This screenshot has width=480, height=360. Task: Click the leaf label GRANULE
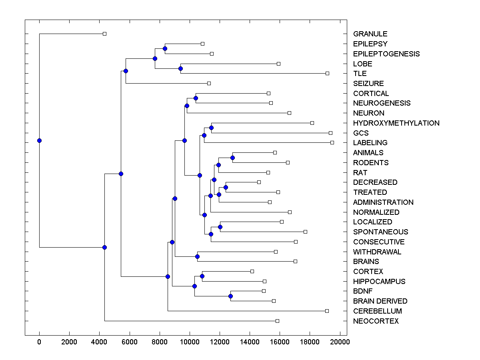[x=370, y=34]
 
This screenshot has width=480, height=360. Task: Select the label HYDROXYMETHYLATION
[x=396, y=123]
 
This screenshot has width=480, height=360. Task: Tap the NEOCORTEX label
[x=376, y=321]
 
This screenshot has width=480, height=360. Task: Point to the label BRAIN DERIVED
[x=380, y=301]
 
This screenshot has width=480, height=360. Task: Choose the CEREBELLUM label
[x=377, y=311]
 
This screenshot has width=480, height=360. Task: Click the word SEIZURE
[x=368, y=84]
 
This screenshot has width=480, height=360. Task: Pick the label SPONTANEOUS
[x=380, y=232]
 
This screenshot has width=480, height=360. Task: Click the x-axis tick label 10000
[x=190, y=342]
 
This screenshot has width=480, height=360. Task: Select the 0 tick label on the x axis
[x=39, y=342]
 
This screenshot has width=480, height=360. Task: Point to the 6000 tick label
[x=130, y=342]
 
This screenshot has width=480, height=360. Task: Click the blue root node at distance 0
[x=39, y=140]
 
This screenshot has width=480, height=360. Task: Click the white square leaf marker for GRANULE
[x=104, y=34]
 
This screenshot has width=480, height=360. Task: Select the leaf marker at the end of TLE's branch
[x=327, y=73]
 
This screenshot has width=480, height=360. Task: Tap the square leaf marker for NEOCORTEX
[x=277, y=321]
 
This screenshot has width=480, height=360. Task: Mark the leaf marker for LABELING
[x=332, y=142]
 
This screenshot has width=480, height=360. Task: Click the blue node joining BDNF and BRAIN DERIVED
[x=230, y=296]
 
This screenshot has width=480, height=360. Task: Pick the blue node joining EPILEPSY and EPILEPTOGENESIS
[x=165, y=48]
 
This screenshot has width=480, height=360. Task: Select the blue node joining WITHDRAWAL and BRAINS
[x=197, y=256]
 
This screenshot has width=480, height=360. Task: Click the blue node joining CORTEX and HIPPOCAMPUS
[x=202, y=276]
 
